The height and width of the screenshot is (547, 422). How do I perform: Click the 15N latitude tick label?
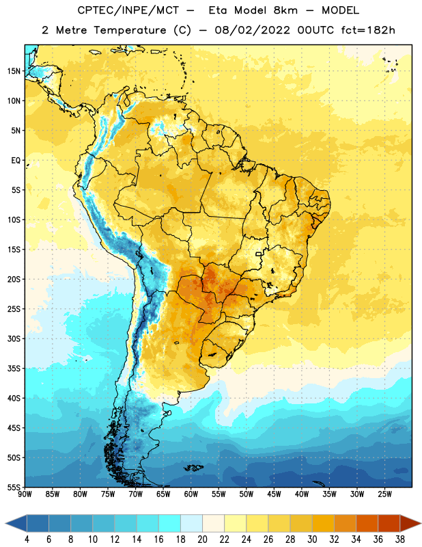tap(14, 71)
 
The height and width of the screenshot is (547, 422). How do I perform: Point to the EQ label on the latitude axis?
tap(16, 161)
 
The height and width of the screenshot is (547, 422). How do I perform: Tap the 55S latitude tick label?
tap(14, 487)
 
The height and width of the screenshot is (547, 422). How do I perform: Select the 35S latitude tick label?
tap(14, 369)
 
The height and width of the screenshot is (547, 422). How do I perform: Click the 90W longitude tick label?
tap(25, 494)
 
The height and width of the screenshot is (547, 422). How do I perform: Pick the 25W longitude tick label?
tap(385, 494)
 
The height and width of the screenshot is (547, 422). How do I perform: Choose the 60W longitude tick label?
tap(191, 494)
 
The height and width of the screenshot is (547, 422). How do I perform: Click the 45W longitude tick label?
tap(275, 494)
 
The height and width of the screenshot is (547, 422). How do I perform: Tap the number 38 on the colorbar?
tap(400, 539)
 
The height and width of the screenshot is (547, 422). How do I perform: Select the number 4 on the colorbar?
tap(27, 539)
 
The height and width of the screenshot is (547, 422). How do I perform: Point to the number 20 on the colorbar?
tap(202, 539)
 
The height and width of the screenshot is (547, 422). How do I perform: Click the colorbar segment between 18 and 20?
tap(191, 524)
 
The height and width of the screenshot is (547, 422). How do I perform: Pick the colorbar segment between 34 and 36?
tap(367, 524)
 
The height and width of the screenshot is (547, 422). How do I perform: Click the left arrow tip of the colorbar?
tap(5, 524)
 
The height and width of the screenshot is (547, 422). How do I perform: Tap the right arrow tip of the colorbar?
tap(421, 524)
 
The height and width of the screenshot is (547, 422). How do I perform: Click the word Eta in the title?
tap(218, 10)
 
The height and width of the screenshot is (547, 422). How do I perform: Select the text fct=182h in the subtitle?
tap(368, 30)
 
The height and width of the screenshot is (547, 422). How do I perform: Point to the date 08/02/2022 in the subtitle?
tap(252, 30)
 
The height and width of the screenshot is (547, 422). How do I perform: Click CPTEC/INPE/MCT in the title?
tap(128, 10)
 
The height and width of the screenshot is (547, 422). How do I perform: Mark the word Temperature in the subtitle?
tap(130, 30)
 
